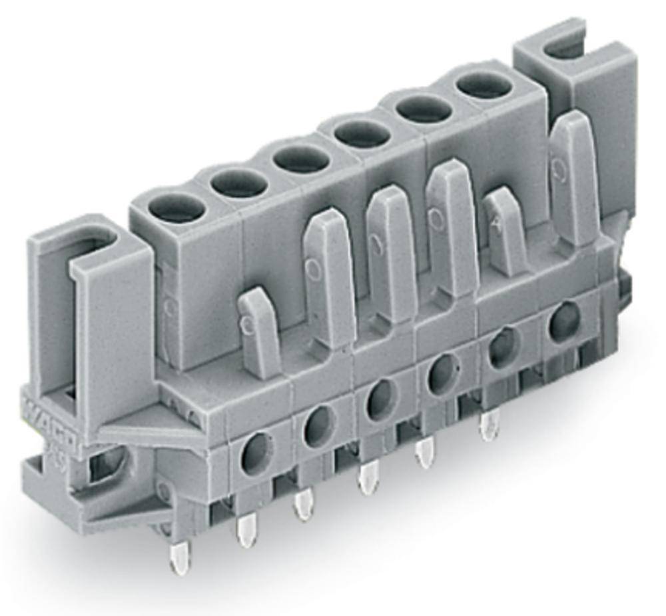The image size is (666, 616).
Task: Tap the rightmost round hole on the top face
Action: pyautogui.click(x=484, y=85)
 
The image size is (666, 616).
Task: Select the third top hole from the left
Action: pyautogui.click(x=301, y=157)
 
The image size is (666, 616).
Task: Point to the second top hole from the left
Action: pyautogui.click(x=240, y=181)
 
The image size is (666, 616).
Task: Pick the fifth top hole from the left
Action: pyautogui.click(x=424, y=108)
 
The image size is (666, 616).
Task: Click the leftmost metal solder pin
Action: pyautogui.click(x=180, y=557)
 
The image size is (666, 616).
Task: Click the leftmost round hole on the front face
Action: pyautogui.click(x=257, y=453)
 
